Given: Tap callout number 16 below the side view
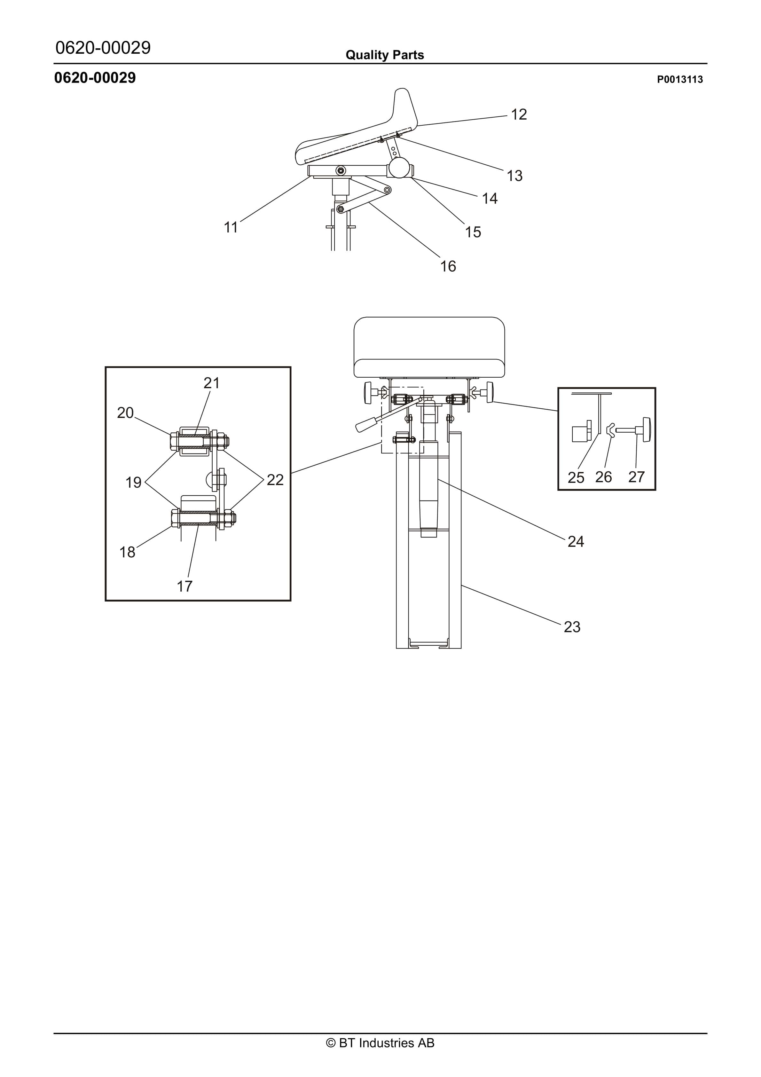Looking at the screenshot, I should point(448,266).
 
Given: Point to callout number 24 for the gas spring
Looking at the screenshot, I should point(576,541).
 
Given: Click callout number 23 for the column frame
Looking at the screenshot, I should point(572,627).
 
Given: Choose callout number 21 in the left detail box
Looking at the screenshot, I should point(211,383).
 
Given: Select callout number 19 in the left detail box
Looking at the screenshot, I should point(133,482).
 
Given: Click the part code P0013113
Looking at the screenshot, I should point(679,79).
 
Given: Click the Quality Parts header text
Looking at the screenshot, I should point(384,55).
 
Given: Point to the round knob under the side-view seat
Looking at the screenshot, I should point(398,168).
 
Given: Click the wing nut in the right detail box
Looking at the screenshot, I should point(610,430).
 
